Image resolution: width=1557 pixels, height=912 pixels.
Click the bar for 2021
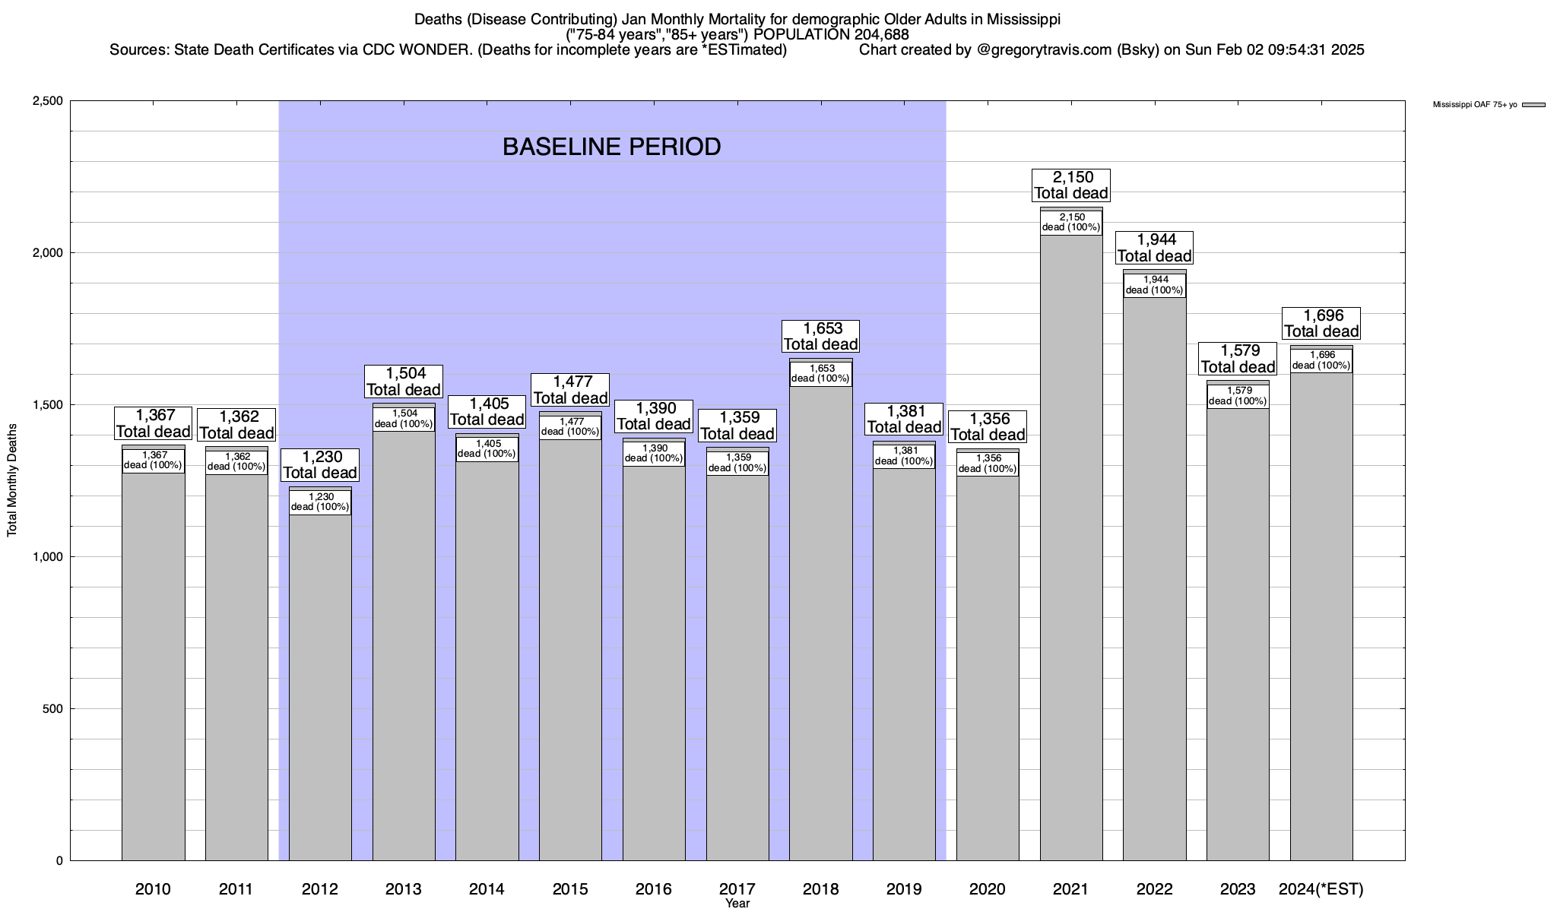(x=1071, y=547)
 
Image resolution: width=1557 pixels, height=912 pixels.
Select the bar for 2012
(x=320, y=684)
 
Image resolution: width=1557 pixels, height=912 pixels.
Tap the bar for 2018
(x=821, y=623)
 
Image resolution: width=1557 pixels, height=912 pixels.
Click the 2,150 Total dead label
(x=1071, y=185)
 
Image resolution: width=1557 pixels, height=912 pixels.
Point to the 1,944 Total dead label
(x=1155, y=248)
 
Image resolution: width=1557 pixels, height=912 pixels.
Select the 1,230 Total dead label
(x=320, y=464)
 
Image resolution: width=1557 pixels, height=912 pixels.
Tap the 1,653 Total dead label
(x=821, y=336)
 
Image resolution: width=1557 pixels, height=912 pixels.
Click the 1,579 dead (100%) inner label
(x=1238, y=396)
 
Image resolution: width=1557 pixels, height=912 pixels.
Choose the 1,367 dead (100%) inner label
(x=154, y=461)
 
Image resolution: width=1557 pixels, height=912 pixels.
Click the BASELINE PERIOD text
(x=611, y=147)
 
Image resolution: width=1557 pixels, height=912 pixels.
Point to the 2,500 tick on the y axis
(x=49, y=101)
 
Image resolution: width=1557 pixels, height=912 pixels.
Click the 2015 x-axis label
(x=570, y=888)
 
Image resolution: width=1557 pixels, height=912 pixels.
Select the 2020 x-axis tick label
(x=988, y=888)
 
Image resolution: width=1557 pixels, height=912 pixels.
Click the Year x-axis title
(x=737, y=904)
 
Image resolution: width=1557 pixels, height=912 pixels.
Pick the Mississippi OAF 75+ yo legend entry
(x=1475, y=105)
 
